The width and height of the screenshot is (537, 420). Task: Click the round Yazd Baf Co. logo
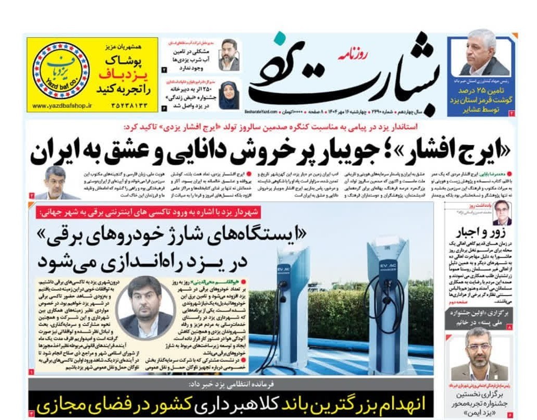coord(61,70)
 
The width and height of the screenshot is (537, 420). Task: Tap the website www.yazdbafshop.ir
coord(62,105)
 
